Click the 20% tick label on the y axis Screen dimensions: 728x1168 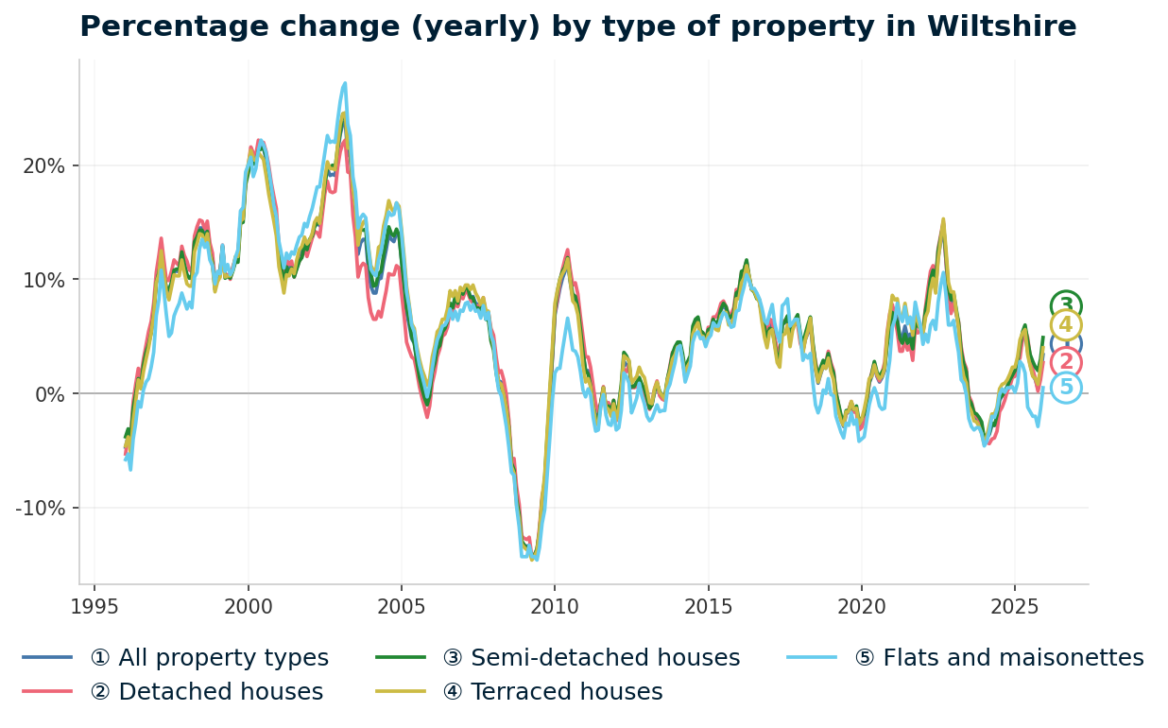click(44, 166)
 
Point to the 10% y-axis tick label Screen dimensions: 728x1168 click(44, 281)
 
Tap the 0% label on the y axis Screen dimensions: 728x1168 click(50, 394)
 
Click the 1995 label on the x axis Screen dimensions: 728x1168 click(94, 606)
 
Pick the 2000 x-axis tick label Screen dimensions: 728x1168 click(249, 606)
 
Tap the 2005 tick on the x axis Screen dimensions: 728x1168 click(402, 606)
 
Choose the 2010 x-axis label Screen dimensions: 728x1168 click(555, 606)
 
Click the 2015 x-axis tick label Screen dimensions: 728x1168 click(708, 606)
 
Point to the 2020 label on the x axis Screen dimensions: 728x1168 click(861, 606)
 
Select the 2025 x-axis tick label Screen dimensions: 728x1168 click(1014, 606)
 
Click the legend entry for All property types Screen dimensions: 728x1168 click(209, 658)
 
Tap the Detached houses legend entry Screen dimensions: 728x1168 click(206, 692)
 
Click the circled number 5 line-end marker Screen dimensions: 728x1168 click(1066, 387)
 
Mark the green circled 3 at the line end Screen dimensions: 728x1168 click(1066, 305)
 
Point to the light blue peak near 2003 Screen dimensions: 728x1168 click(345, 84)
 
